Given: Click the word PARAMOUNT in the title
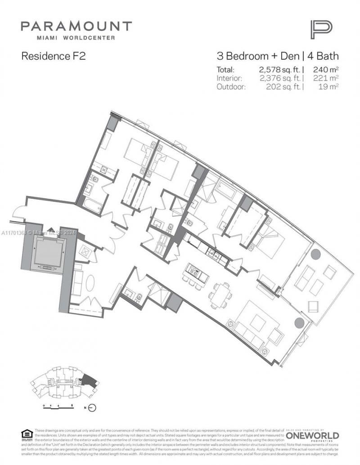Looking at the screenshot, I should [76, 26].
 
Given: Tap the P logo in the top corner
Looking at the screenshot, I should [321, 30].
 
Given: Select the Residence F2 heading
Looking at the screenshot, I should [53, 56].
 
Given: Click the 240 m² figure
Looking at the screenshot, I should [324, 70].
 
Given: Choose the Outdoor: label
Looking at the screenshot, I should [231, 87].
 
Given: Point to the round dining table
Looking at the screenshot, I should [220, 295].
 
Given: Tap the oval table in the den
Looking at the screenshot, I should [90, 285].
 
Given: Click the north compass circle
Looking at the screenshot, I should [93, 408].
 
